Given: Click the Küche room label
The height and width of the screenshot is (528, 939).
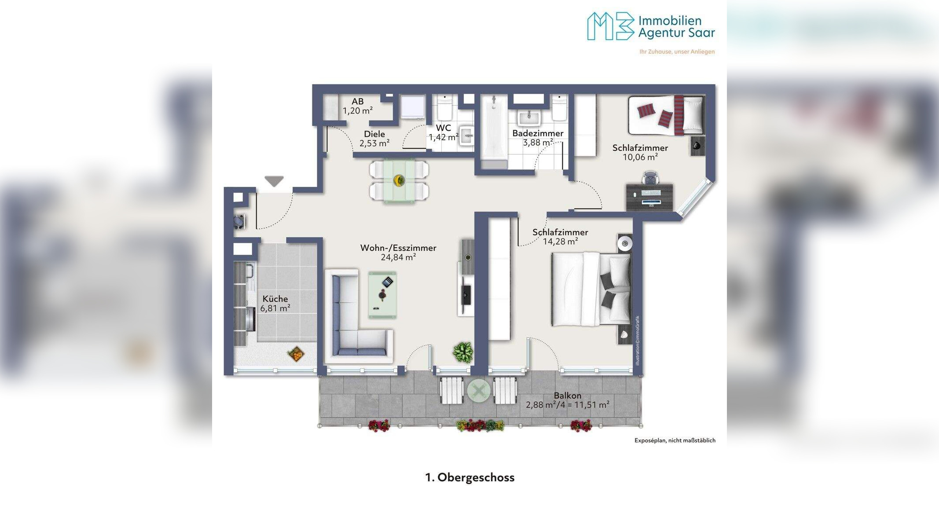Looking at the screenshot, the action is point(275,299).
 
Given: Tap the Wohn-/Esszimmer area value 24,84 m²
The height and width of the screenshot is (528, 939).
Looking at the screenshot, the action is point(398,257).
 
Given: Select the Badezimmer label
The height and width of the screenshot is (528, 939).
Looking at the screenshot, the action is point(538,133).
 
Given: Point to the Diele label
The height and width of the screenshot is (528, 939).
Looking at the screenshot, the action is point(374,134).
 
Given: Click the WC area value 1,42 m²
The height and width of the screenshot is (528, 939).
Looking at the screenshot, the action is point(444,137).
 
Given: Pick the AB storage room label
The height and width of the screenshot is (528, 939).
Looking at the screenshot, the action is point(358,102).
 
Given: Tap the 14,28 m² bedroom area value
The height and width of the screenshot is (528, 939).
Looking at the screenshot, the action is point(560,242).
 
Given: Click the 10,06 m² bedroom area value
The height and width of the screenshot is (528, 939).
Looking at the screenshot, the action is point(640,157).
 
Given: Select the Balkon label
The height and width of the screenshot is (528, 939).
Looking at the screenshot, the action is point(568,396).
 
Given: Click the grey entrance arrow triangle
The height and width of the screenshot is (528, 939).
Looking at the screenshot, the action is point(274,181).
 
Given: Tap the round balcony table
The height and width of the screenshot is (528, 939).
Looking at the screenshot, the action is point(479,390).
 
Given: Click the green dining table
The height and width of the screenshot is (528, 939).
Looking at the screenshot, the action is point(399,181).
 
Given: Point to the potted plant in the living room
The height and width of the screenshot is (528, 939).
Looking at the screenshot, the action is point(463,352).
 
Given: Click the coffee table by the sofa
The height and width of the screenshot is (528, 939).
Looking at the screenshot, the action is point(382,294).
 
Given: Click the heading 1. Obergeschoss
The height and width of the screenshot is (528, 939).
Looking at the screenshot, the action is point(469,477).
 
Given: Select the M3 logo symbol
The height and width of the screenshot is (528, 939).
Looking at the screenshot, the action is point(611,26).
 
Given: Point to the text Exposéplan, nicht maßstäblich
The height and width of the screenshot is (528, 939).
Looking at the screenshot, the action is point(675,440).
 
